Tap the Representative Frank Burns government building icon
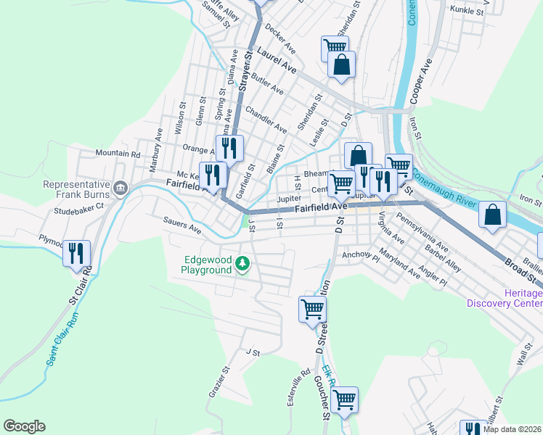point(120,189)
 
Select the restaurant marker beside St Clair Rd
point(76,253)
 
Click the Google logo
point(24,426)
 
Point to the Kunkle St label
point(466,10)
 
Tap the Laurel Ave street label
point(277,61)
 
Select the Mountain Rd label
point(118,154)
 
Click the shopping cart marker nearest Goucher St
point(344,399)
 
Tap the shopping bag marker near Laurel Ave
point(341,65)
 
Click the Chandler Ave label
point(266,119)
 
